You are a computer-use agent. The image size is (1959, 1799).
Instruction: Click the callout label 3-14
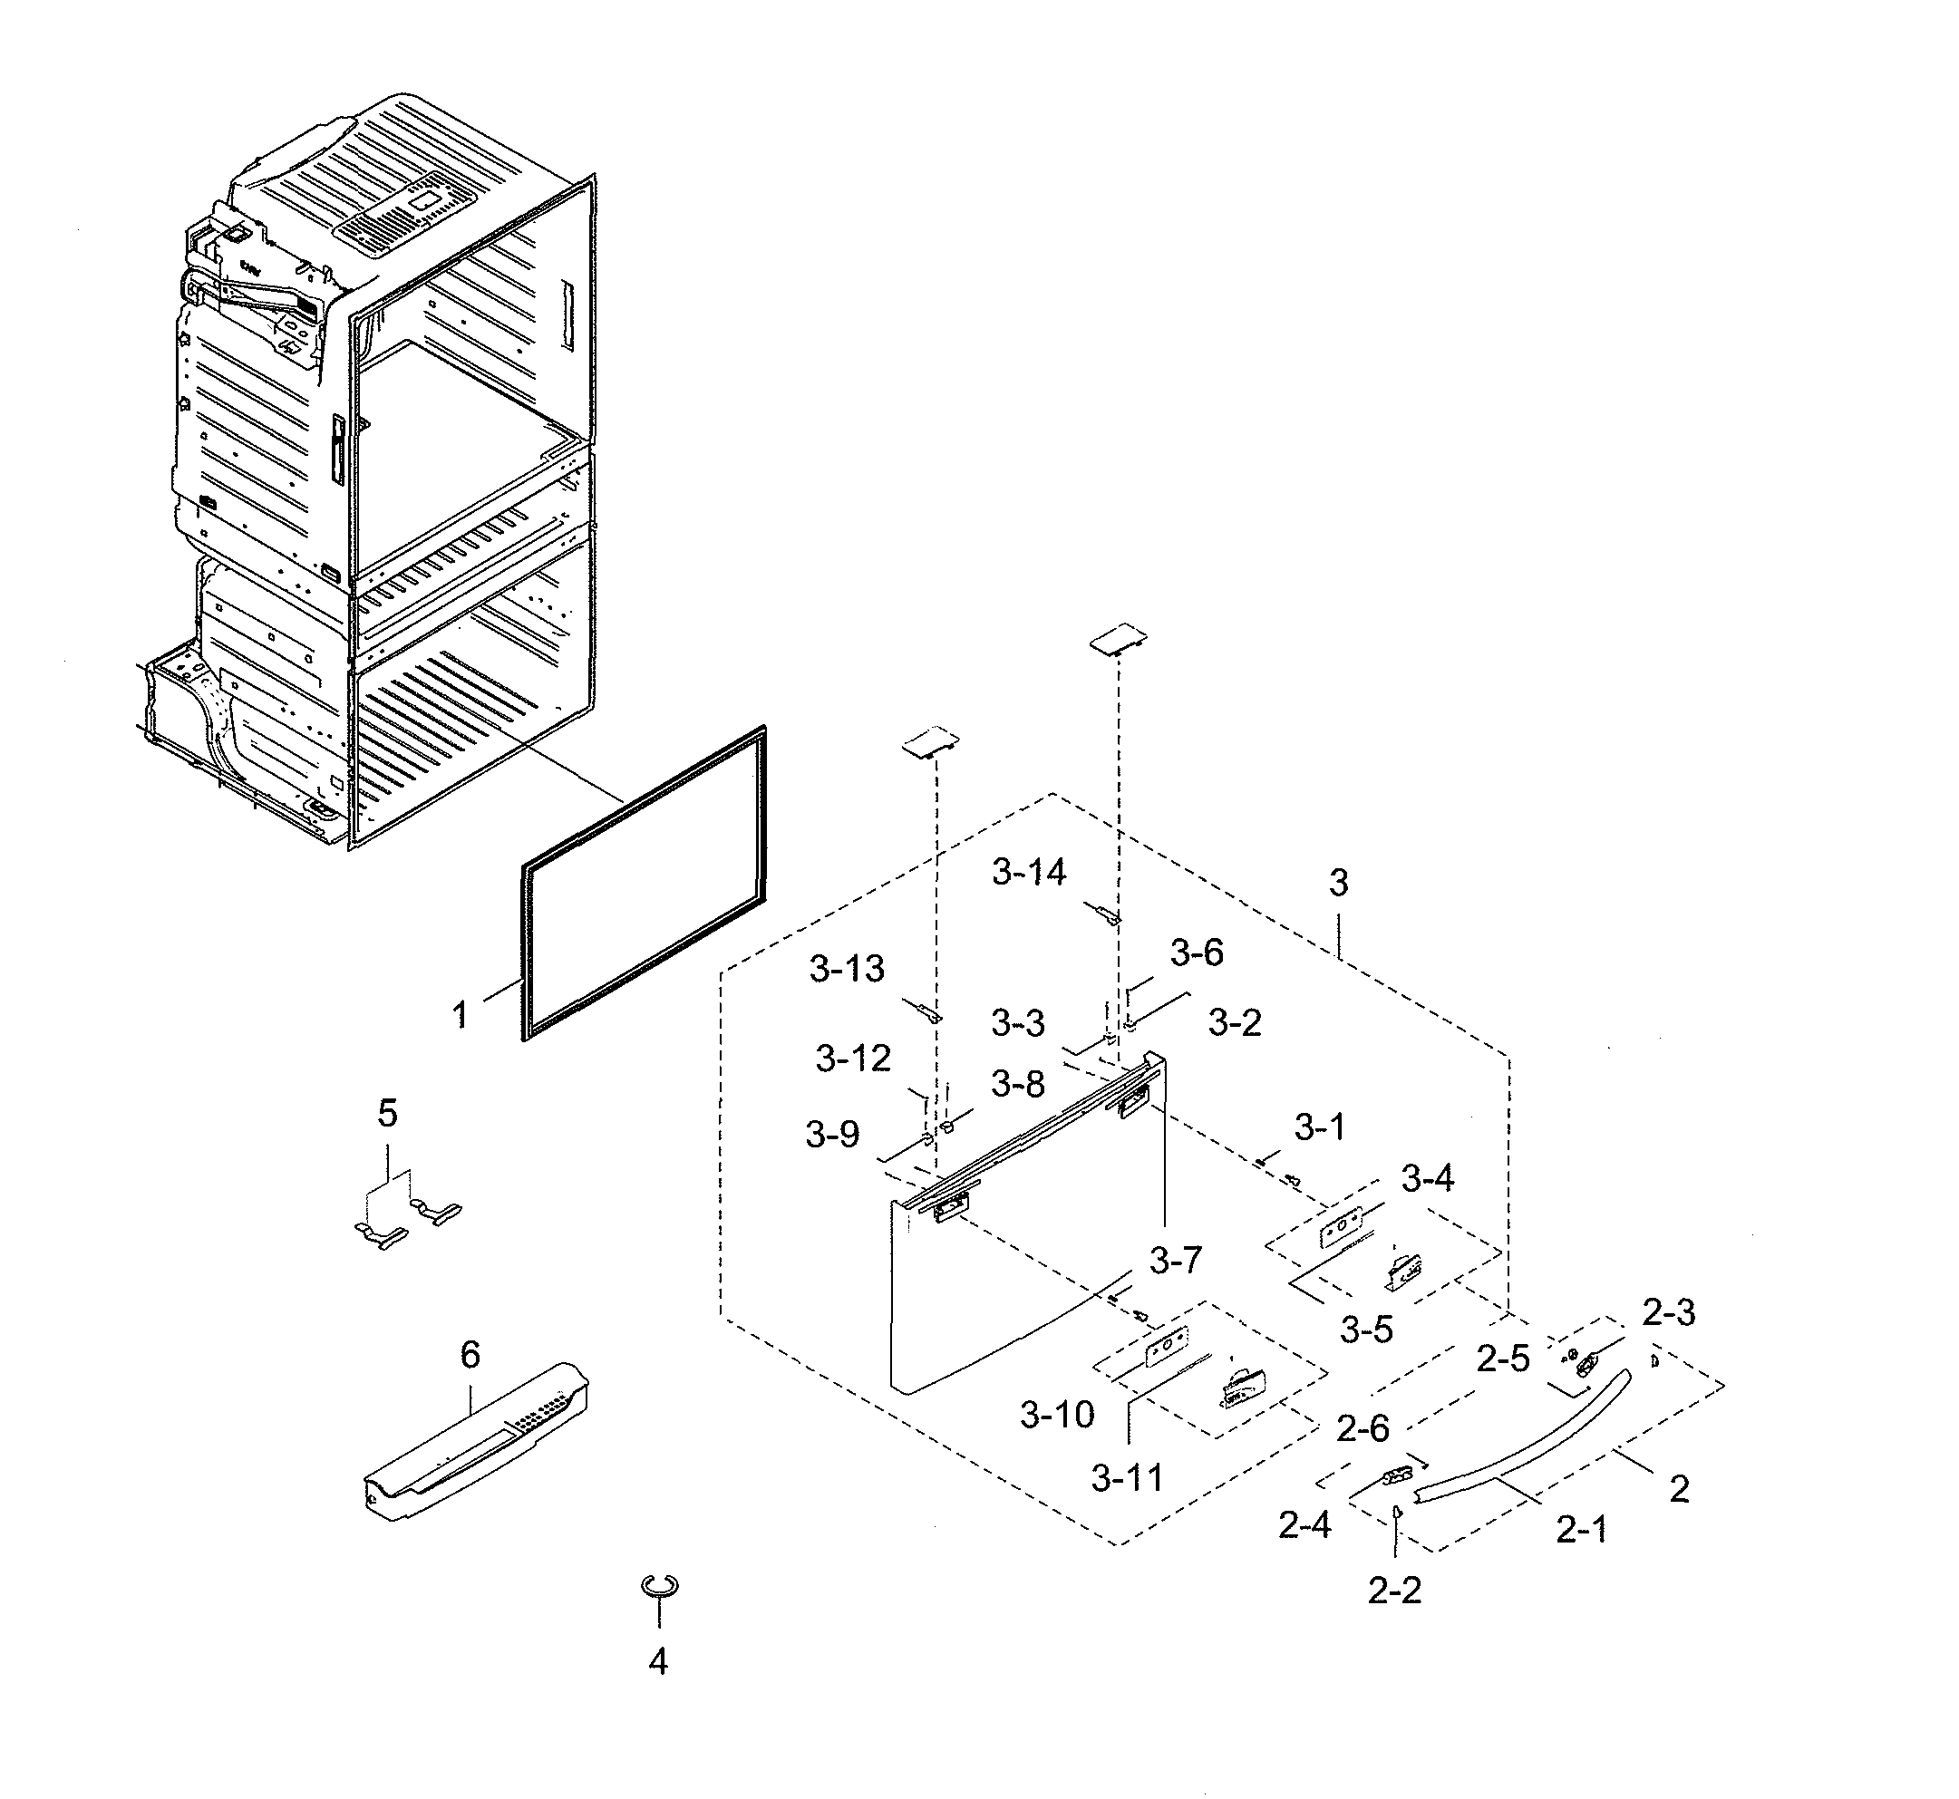pos(1028,872)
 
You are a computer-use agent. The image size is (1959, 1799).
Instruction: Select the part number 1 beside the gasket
pos(460,1015)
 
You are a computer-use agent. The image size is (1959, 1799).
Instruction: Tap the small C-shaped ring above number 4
pos(659,1586)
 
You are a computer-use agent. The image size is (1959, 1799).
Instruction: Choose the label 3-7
pos(1175,1261)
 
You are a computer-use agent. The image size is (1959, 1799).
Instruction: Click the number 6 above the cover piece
pos(470,1354)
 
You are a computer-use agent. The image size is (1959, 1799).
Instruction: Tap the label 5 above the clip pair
pos(387,1113)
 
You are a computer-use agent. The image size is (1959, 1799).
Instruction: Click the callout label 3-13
pos(846,969)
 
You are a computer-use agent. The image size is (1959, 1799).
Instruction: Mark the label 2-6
pos(1363,1428)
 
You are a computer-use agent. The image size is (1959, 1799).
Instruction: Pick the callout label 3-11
pos(1128,1478)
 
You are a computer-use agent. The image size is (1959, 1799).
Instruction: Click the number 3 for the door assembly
pos(1338,883)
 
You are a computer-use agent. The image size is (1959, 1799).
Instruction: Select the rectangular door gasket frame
pos(644,883)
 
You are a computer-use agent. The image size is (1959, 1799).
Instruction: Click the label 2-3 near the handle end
pos(1668,1312)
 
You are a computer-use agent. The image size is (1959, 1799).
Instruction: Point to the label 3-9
pos(831,1134)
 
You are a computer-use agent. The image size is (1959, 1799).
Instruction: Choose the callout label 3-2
pos(1234,1022)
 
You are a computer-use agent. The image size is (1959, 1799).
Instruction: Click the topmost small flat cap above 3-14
pos(1118,638)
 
